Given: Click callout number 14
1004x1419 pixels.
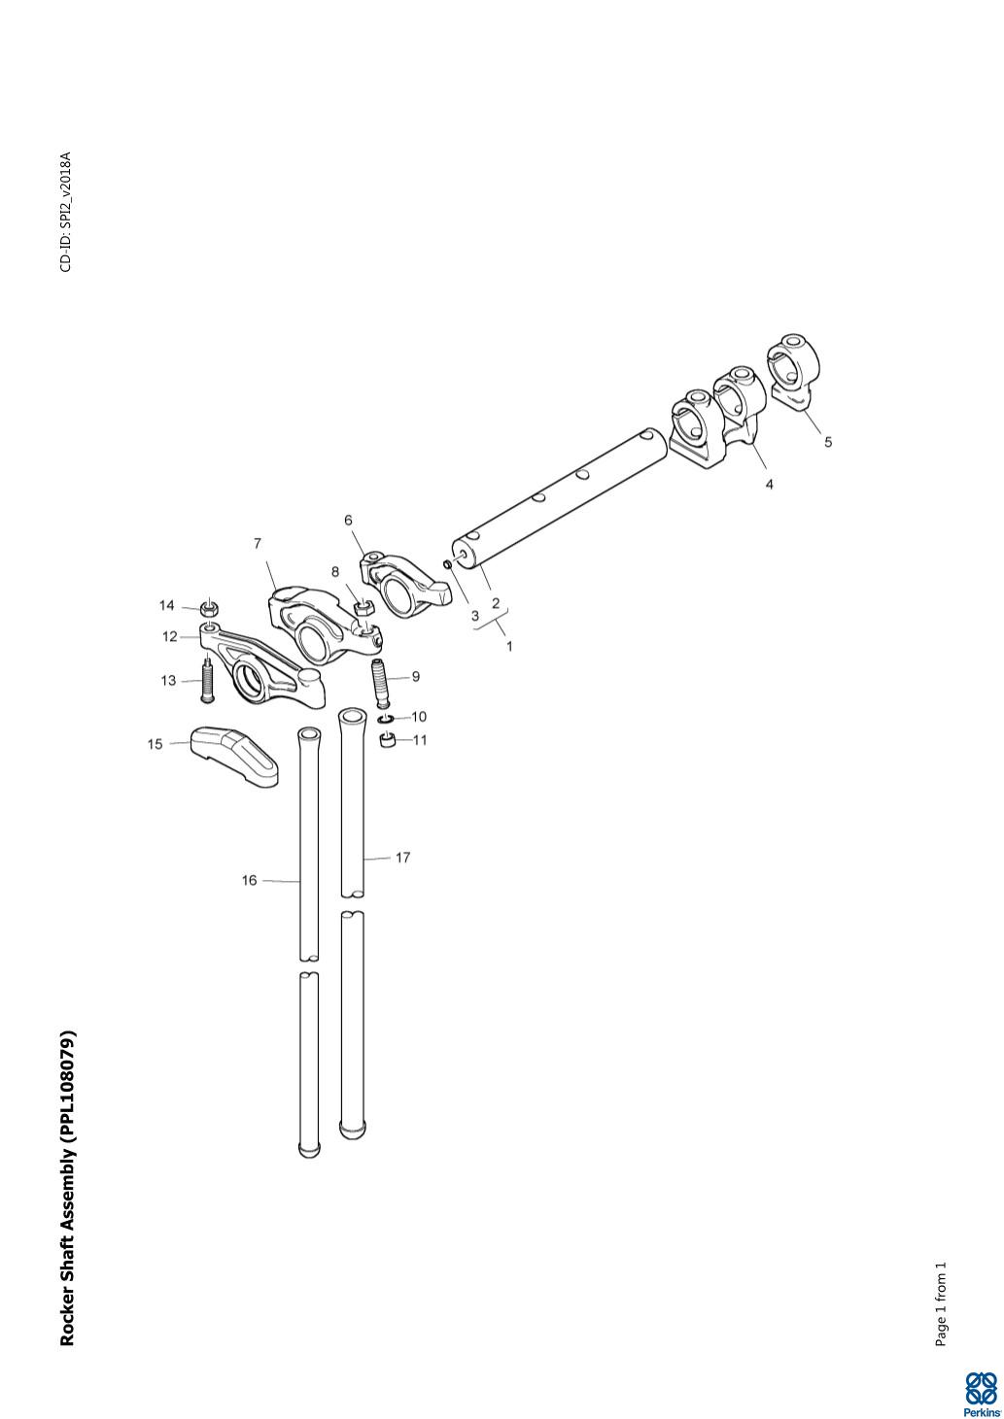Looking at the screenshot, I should [x=167, y=606].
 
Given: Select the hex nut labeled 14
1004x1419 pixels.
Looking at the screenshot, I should [x=207, y=610].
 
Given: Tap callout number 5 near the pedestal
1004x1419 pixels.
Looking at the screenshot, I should [x=828, y=442].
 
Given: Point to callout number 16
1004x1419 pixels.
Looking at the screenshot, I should [x=250, y=880].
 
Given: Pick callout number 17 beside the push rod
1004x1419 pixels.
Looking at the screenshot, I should [x=402, y=858].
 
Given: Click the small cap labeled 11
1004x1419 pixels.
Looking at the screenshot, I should [x=389, y=743].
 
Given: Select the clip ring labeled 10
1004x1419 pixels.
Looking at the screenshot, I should [x=386, y=719].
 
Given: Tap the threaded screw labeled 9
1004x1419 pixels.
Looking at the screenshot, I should [x=381, y=682].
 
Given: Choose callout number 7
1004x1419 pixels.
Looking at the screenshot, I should [x=258, y=544].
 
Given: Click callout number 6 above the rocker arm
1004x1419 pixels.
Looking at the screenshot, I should [x=348, y=521].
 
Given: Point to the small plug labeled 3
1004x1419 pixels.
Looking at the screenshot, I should [x=446, y=563].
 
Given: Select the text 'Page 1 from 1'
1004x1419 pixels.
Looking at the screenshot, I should [x=940, y=1304].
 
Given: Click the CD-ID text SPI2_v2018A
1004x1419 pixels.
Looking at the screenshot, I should [x=65, y=212].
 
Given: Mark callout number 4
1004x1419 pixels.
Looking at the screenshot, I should [x=769, y=484].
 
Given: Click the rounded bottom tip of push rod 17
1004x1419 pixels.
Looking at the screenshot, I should [x=352, y=1130].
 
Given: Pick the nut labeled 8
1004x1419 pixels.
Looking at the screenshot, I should [x=363, y=608].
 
